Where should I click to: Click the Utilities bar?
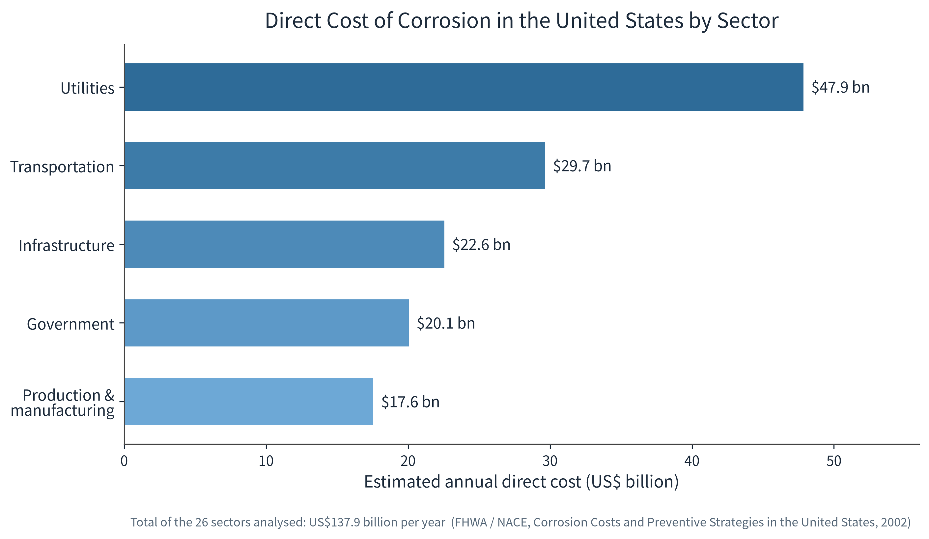pos(464,87)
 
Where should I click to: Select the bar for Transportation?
pos(335,165)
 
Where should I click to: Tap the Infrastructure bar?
pos(284,244)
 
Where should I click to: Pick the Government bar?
pos(267,323)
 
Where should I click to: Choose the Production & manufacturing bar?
pos(249,402)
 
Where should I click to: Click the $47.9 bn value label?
pos(840,87)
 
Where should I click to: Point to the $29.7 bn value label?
pos(582,165)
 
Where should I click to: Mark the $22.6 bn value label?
pos(481,244)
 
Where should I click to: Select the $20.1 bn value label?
pos(446,323)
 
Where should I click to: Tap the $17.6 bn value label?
pos(410,402)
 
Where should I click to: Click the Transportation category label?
pos(62,167)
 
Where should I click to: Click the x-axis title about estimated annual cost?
pos(521,482)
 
